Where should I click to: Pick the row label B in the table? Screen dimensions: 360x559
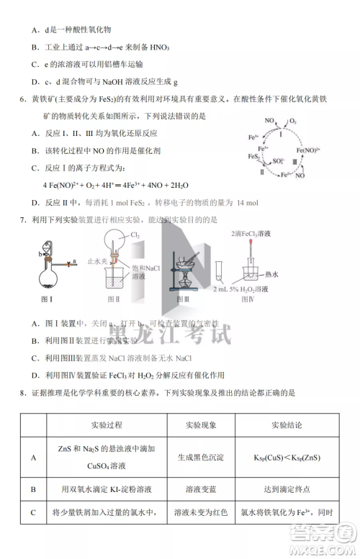coord(33,488)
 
